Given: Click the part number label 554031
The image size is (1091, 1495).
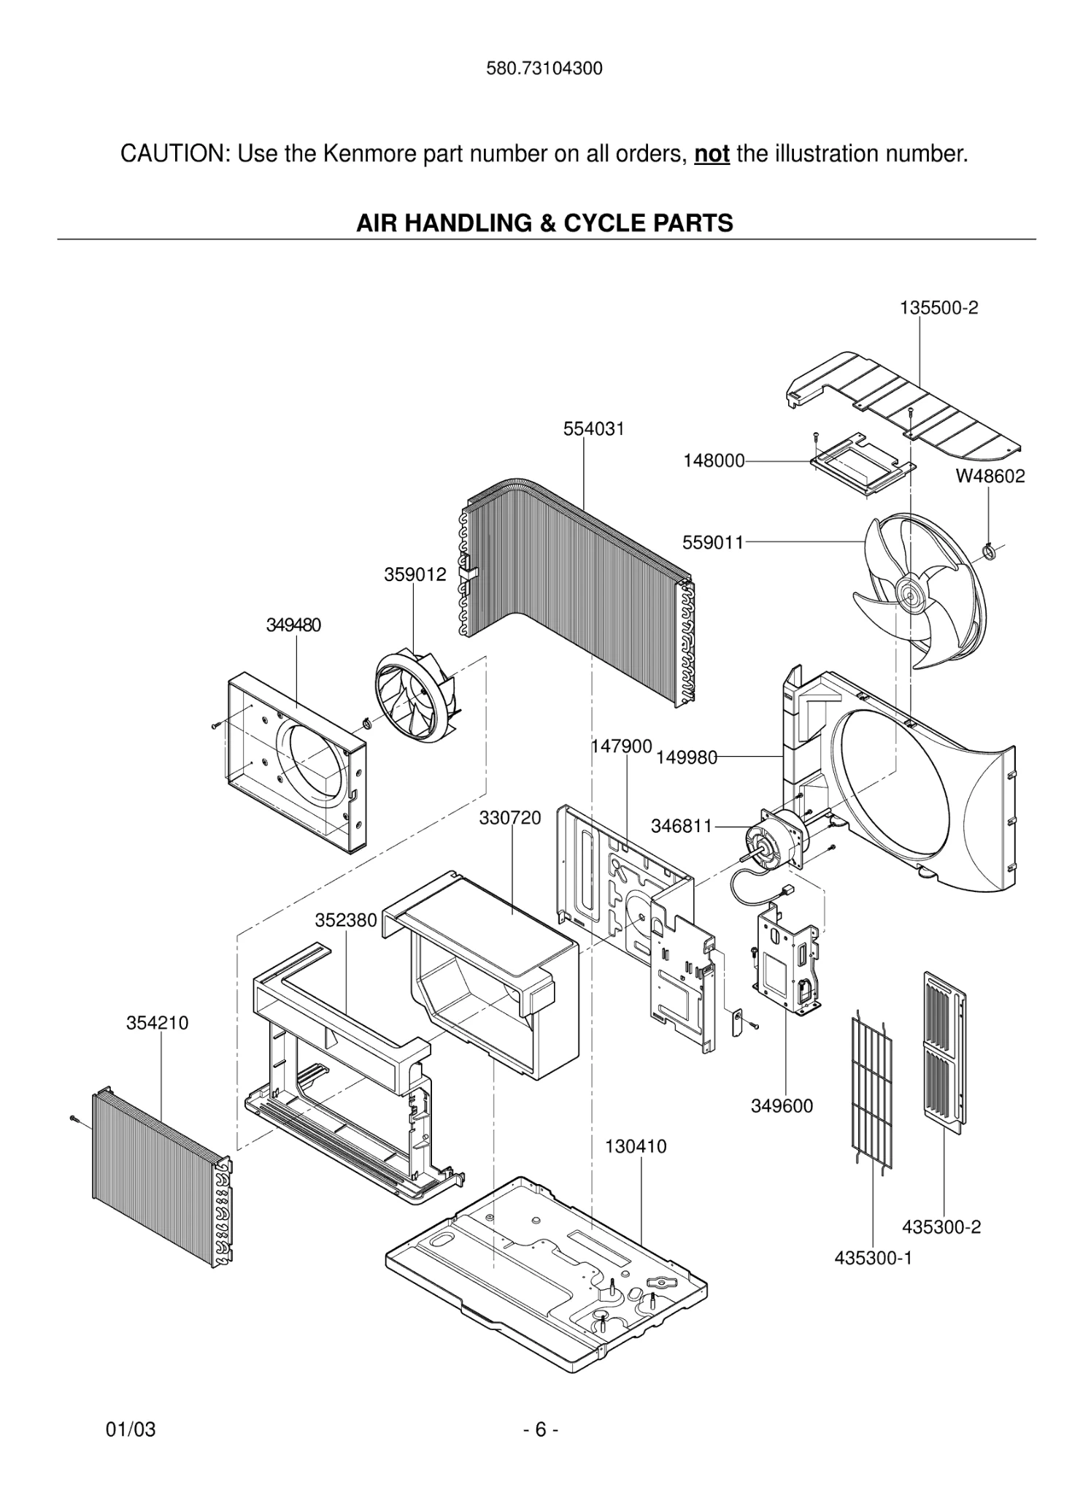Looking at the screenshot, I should coord(593,429).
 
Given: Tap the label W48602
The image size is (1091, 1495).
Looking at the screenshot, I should coord(990,477).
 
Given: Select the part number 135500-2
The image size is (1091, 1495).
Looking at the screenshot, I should coord(938,308).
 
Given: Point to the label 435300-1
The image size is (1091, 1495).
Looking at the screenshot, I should coord(873,1258).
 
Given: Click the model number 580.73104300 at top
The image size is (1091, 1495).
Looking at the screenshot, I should coord(544,69).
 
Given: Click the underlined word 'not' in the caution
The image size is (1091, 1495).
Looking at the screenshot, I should coord(712,155).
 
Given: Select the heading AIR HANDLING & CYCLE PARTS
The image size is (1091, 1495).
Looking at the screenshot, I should coord(544,223).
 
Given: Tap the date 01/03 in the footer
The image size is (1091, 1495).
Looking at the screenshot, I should coord(131,1429).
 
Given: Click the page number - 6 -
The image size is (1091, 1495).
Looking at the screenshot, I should coord(541,1429).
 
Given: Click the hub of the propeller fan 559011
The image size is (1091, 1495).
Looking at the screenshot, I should coord(911,592).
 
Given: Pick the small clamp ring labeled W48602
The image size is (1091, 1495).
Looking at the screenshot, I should coord(990,552).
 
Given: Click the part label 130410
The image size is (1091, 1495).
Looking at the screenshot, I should coord(635,1147).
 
